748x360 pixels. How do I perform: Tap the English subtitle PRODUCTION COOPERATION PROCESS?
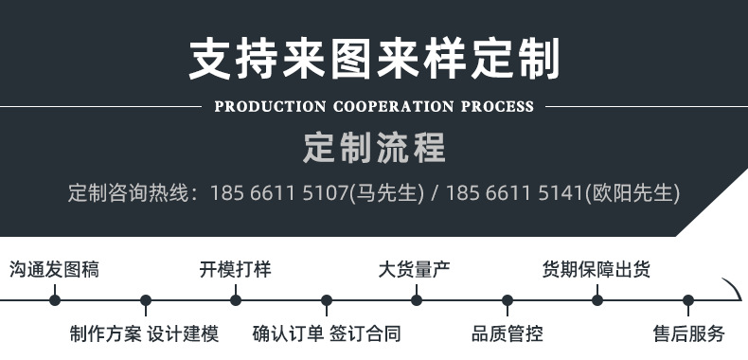(374, 106)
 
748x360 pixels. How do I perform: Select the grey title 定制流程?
(374, 149)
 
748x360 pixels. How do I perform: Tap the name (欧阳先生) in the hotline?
(632, 193)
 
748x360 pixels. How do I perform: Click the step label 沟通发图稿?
(54, 269)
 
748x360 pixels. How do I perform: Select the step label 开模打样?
(235, 269)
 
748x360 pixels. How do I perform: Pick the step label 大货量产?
(415, 269)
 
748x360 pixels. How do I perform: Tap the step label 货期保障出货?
(596, 269)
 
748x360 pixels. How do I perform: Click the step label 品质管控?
(507, 333)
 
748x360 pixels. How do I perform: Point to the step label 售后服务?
(688, 333)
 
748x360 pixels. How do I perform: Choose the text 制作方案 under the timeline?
(105, 333)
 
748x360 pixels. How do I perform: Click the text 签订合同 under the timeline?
(365, 333)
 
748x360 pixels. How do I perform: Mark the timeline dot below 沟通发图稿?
(55, 300)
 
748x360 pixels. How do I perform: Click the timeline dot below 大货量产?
(417, 300)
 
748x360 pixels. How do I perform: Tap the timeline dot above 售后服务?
(688, 300)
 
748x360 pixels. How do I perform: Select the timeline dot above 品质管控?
(508, 300)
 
